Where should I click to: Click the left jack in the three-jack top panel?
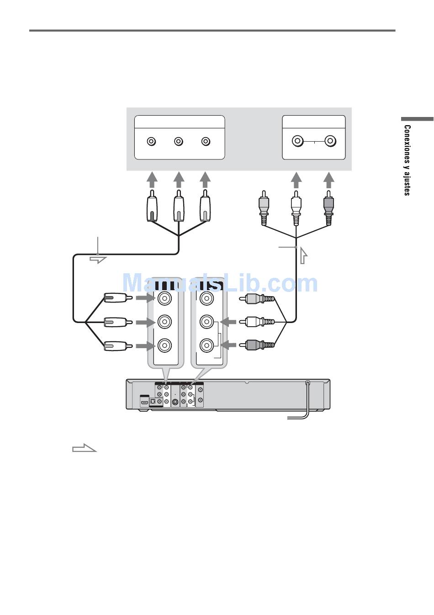(x=151, y=141)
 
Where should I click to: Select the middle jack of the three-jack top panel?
(x=179, y=141)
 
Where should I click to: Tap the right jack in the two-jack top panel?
(x=330, y=141)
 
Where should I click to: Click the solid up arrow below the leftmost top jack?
(x=152, y=180)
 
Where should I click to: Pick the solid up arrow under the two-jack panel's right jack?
(x=328, y=180)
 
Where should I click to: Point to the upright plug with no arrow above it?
(x=264, y=208)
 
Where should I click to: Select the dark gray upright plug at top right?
(x=328, y=208)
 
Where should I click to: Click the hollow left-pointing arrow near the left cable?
(x=98, y=260)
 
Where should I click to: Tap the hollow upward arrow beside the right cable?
(x=303, y=255)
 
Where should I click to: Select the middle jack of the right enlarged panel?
(x=206, y=322)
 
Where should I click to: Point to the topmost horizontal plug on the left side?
(x=118, y=298)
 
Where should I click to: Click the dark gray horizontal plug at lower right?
(x=257, y=345)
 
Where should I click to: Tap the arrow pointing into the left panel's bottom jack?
(x=146, y=346)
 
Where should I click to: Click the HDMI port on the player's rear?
(x=144, y=403)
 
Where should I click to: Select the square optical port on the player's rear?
(x=152, y=402)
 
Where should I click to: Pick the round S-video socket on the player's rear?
(x=175, y=403)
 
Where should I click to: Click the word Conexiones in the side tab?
(x=408, y=144)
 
